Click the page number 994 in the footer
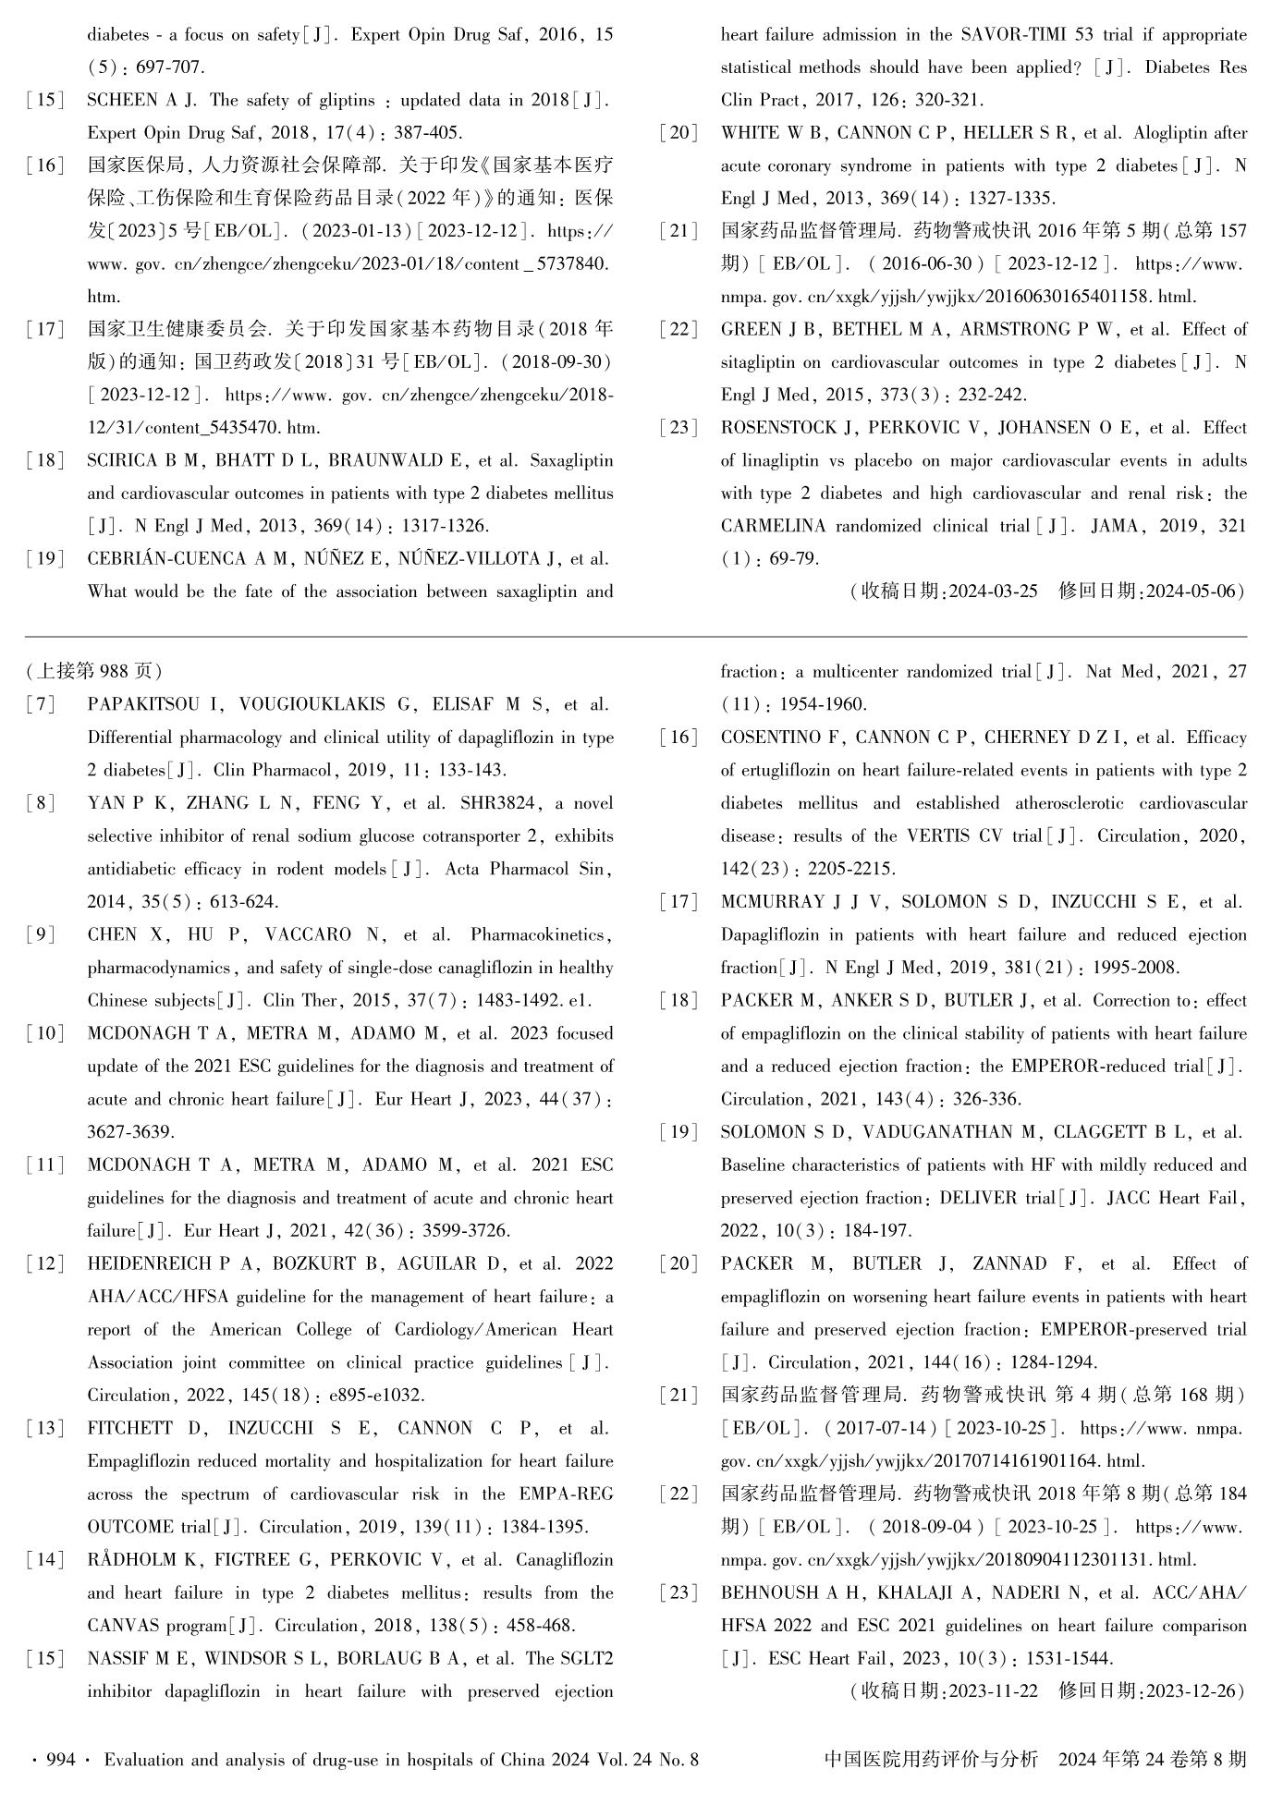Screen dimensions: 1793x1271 (x=60, y=1760)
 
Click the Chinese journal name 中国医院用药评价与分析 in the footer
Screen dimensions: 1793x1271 (x=931, y=1760)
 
